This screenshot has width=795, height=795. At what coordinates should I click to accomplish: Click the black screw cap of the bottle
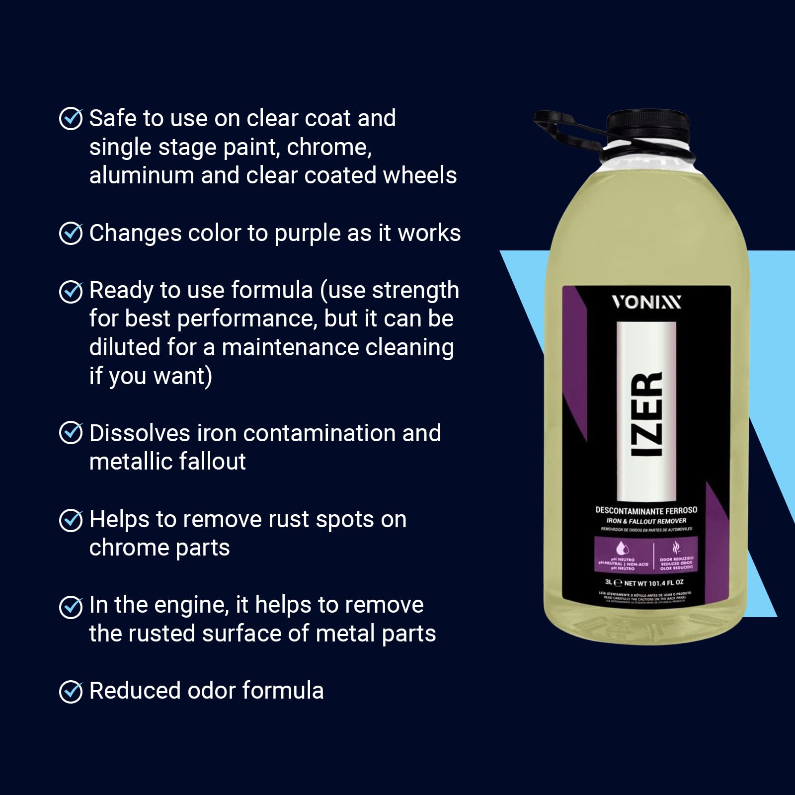pos(648,127)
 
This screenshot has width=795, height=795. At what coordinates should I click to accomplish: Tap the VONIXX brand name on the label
pos(646,302)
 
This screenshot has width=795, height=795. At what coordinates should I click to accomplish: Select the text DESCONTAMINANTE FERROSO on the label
pos(646,510)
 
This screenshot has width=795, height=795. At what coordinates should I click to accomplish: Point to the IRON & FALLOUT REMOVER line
pos(646,521)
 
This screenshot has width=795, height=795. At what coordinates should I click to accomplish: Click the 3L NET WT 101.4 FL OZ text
pos(644,582)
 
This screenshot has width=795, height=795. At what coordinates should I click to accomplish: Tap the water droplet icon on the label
pos(623,549)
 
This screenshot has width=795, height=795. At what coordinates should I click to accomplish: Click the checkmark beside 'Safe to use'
pos(71,119)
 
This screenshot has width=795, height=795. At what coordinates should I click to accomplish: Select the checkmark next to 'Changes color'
pos(71,233)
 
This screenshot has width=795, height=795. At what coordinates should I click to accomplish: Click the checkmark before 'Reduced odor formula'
pos(71,691)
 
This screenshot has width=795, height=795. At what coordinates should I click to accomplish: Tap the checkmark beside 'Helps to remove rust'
pos(71,520)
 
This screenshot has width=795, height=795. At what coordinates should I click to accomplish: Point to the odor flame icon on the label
pos(676,548)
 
